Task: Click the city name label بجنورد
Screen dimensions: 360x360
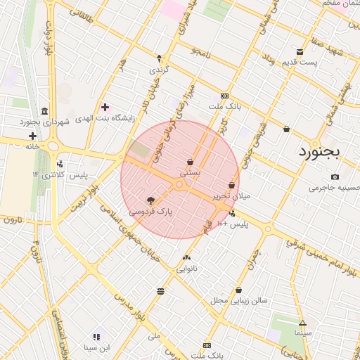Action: [319, 151]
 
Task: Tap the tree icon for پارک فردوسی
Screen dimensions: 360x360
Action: [150, 200]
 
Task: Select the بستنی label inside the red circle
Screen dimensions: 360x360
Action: [190, 172]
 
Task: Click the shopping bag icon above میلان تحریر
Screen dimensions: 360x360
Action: [231, 185]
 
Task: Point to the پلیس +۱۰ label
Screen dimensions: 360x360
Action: [233, 224]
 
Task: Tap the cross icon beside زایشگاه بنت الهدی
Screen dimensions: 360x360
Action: [105, 107]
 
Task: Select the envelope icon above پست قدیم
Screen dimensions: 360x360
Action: [300, 52]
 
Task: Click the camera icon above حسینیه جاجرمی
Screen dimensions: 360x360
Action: [335, 176]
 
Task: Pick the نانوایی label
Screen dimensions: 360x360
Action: [186, 269]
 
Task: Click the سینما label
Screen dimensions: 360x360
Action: [303, 331]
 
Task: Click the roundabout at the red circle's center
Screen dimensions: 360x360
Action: [180, 185]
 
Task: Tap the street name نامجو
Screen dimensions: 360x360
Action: [201, 52]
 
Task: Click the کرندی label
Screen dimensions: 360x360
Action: [159, 71]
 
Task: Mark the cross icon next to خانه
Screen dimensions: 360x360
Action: [32, 135]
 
